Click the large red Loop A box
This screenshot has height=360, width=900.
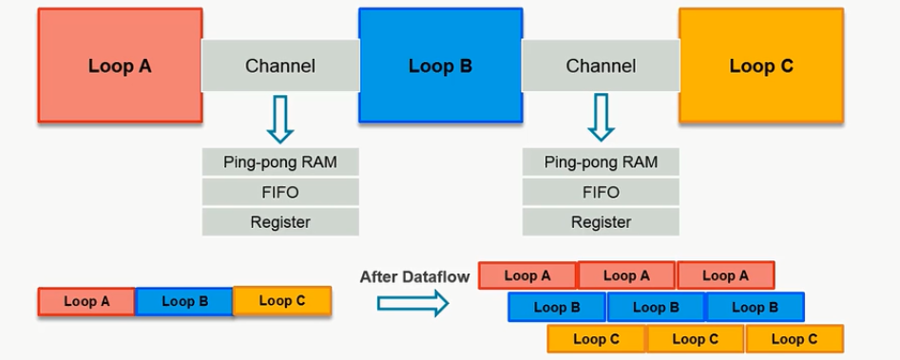[x=120, y=66]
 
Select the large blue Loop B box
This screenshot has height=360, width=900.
[x=440, y=66]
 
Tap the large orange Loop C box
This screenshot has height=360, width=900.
[x=760, y=66]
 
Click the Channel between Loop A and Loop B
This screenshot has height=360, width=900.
[x=280, y=66]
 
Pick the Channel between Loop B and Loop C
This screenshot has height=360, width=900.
[x=601, y=66]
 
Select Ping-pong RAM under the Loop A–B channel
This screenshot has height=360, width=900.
[x=280, y=161]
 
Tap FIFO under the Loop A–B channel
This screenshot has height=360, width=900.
[x=280, y=192]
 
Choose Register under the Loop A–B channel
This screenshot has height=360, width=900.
[x=280, y=222]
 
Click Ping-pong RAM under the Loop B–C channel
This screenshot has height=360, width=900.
[x=601, y=161]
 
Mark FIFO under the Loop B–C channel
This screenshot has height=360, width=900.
[x=601, y=192]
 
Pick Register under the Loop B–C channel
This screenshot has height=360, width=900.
[x=601, y=222]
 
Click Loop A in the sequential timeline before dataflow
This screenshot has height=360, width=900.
[x=86, y=302]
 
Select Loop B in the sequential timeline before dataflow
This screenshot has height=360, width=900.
[x=184, y=302]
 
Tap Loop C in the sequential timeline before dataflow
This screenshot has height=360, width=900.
[x=282, y=301]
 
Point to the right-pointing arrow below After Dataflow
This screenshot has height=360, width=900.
[x=412, y=303]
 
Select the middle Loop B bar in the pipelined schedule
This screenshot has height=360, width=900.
[x=656, y=307]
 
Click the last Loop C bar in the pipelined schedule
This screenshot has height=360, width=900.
[x=795, y=338]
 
